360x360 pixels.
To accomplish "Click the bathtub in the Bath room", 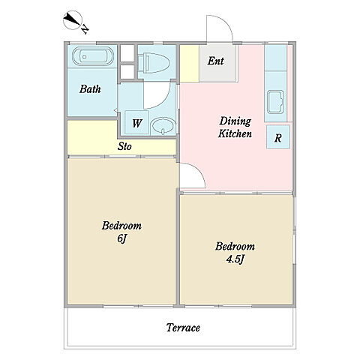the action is (x=93, y=56).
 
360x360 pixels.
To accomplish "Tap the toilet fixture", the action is (x=154, y=63).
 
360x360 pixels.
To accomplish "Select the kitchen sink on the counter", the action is (x=275, y=102).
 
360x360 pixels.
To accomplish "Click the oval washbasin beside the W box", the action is (x=163, y=126).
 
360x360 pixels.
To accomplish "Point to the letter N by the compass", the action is (x=85, y=29).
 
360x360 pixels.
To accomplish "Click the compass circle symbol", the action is (x=73, y=20).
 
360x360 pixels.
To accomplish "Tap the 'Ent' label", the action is (x=215, y=61).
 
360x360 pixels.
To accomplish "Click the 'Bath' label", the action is (x=90, y=89).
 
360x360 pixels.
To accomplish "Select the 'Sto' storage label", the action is (x=124, y=146).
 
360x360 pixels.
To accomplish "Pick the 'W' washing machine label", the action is (x=137, y=123).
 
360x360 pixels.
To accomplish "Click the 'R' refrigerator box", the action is (x=278, y=136).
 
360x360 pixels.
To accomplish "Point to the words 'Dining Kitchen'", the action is (x=235, y=127).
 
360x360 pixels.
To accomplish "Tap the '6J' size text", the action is (x=122, y=238).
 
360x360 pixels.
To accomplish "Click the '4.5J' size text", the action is (x=235, y=259).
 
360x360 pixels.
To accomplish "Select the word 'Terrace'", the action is (x=183, y=328).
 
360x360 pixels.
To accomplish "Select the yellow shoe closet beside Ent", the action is (x=190, y=64).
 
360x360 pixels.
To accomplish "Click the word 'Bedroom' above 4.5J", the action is (x=235, y=247).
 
